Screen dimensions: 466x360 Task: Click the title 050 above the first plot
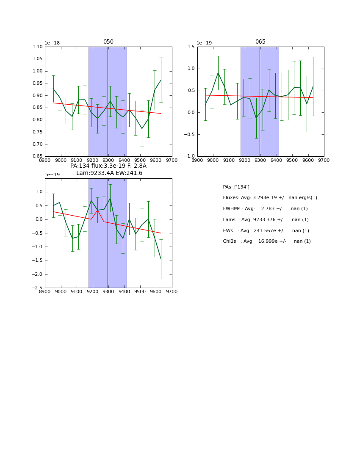tap(108, 42)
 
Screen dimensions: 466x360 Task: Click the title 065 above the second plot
tap(260, 42)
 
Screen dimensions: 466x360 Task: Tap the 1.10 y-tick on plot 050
tap(38, 47)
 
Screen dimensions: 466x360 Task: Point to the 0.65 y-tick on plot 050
tap(38, 156)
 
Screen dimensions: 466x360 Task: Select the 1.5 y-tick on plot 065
tap(191, 47)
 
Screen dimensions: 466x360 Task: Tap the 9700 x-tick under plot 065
tap(324, 160)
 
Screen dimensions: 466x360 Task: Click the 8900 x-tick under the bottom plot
tap(45, 291)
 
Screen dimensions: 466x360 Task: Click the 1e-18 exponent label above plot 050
tap(52, 43)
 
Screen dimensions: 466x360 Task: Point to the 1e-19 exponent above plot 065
tap(204, 43)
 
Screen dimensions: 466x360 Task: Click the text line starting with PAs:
tap(236, 187)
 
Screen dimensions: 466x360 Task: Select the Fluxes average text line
tap(270, 198)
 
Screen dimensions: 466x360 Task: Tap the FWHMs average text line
tap(265, 208)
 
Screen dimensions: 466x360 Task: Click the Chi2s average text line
tap(267, 241)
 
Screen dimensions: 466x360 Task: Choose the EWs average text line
tap(266, 230)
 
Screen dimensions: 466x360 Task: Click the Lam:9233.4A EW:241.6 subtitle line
tap(109, 173)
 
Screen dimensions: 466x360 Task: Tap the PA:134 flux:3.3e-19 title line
tap(108, 166)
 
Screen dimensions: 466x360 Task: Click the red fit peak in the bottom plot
tap(97, 210)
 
